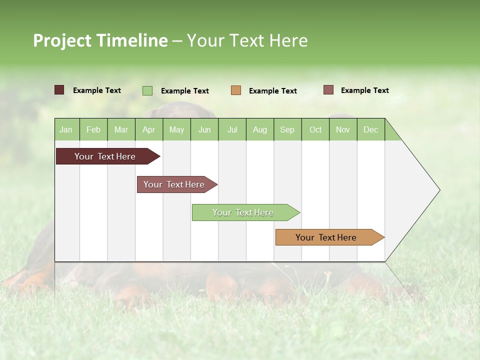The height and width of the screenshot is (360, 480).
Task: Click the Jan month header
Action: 66,130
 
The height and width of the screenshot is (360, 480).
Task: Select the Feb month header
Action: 93,130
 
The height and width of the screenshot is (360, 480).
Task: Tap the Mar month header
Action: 121,130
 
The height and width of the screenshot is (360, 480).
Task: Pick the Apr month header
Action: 149,130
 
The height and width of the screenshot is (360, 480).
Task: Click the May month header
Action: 176,130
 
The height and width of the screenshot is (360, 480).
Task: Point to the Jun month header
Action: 204,130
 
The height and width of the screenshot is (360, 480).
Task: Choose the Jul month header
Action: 232,130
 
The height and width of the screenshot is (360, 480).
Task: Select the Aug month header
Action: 260,130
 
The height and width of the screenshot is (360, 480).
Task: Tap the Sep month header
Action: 287,130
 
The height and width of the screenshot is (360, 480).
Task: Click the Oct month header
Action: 315,130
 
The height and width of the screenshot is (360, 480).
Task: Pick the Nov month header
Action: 343,130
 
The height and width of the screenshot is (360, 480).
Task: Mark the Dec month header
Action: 371,130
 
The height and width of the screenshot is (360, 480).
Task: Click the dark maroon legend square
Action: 59,90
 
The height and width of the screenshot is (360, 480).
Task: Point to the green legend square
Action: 147,90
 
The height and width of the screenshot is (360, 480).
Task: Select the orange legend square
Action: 236,90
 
